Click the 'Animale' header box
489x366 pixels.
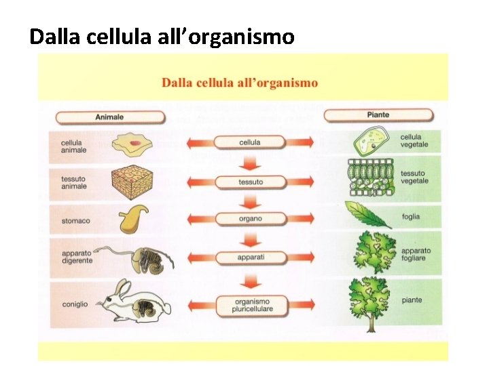109,117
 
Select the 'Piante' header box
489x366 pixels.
378,115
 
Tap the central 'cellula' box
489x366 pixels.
249,142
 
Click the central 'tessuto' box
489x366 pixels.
249,182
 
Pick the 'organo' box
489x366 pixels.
249,219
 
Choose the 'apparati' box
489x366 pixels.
249,258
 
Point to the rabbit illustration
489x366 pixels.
136,302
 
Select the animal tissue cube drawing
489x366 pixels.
134,180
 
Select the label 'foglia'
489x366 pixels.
411,217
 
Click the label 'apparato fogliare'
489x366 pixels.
415,255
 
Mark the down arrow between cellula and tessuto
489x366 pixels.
250,163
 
